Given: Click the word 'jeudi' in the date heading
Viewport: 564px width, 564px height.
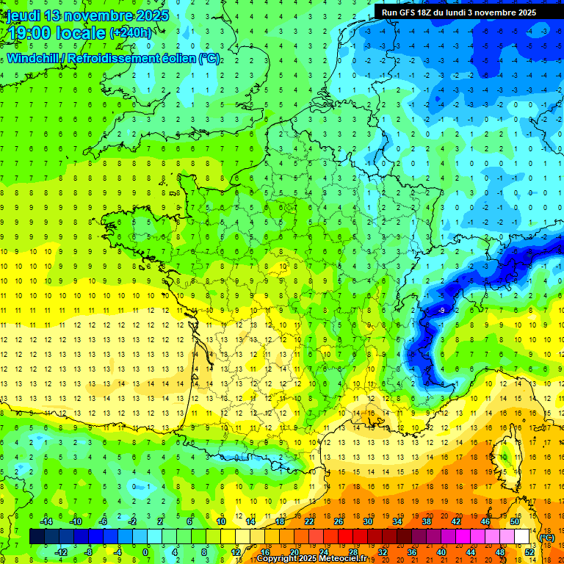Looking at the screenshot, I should (x=25, y=15).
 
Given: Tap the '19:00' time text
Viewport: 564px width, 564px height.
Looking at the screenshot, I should (x=32, y=32).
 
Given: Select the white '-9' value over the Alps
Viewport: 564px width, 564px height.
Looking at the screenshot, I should (x=441, y=311).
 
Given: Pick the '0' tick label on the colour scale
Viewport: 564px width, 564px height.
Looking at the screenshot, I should (x=145, y=552).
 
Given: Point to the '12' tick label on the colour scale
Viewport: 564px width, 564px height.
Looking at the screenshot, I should (x=236, y=552).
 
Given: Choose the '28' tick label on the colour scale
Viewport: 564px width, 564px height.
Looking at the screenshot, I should (x=352, y=552).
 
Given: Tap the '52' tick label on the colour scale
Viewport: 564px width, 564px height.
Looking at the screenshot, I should (x=529, y=552).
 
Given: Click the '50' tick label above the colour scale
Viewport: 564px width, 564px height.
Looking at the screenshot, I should (x=514, y=521).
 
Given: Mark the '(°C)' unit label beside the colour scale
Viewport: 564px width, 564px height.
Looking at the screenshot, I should (x=546, y=538).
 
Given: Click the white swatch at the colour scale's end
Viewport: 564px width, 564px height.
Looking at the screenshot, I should (x=521, y=536).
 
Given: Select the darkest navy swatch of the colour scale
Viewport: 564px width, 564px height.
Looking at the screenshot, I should (x=37, y=536).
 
